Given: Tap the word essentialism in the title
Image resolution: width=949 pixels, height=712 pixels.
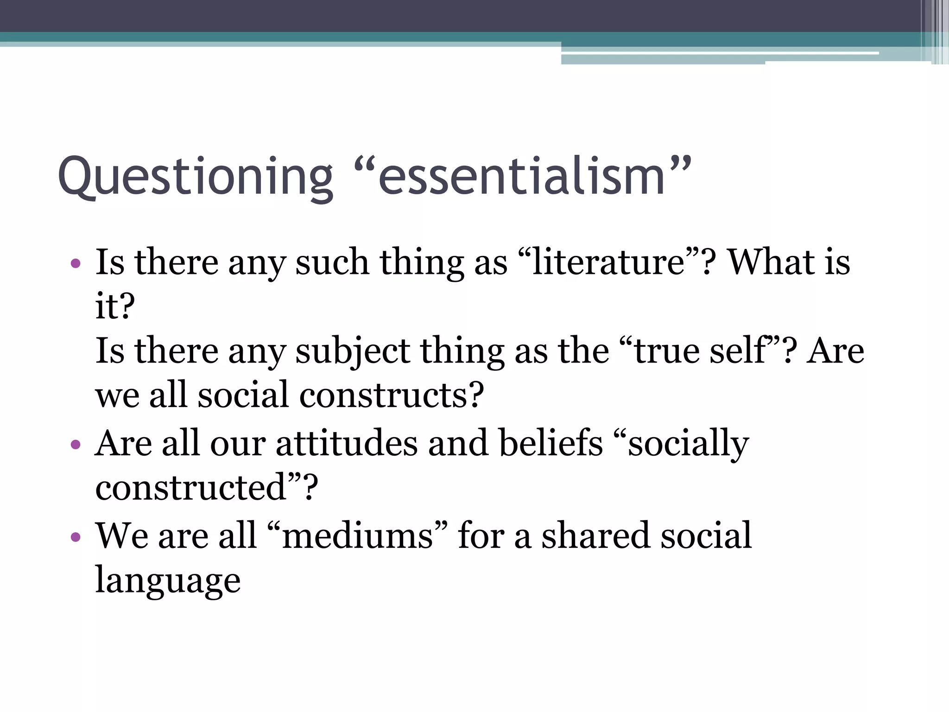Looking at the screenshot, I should pyautogui.click(x=522, y=177).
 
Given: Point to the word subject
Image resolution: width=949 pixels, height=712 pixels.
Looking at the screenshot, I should pyautogui.click(x=353, y=351).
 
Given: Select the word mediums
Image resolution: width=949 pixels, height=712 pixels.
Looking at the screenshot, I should pyautogui.click(x=357, y=536).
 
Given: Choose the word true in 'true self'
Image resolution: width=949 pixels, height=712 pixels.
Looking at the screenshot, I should pyautogui.click(x=668, y=351).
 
